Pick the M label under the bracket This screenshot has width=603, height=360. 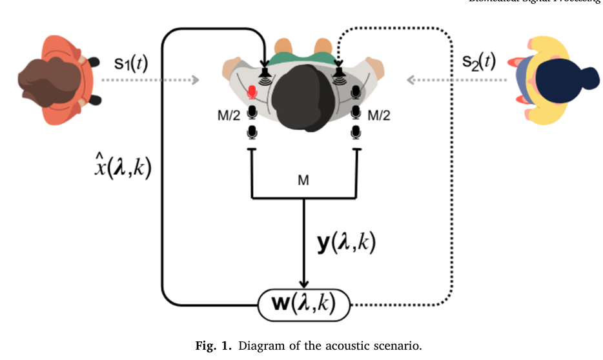coord(303,181)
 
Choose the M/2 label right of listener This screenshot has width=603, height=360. coord(378,115)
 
